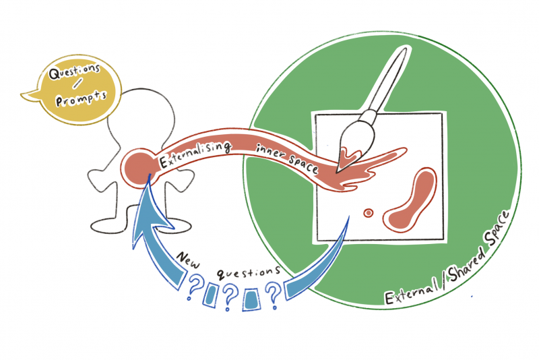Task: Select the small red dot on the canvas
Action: [x=369, y=213]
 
